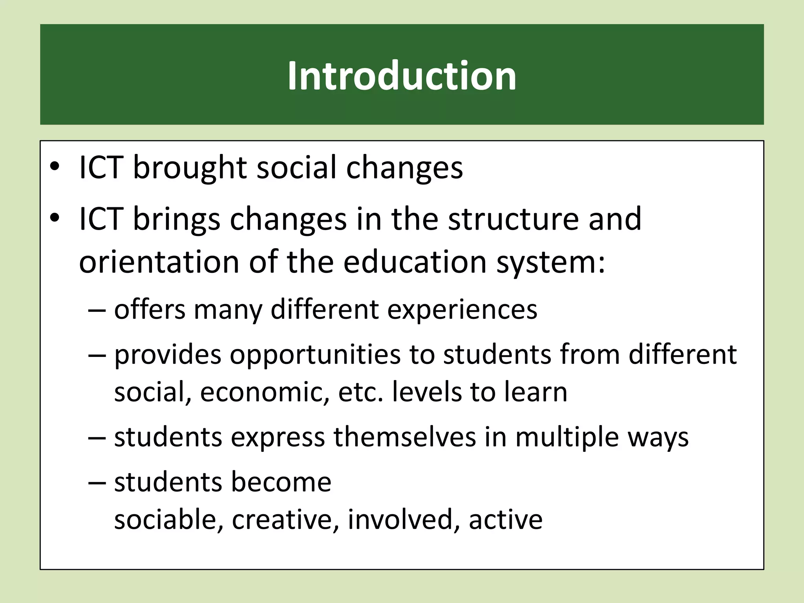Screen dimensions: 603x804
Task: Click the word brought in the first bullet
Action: (190, 168)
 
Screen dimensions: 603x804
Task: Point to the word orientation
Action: (159, 262)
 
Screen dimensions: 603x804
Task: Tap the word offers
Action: (150, 310)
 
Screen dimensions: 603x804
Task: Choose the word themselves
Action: (405, 437)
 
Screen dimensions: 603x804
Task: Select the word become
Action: (281, 482)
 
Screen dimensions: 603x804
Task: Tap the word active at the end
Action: (505, 520)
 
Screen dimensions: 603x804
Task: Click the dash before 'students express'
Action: (97, 438)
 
